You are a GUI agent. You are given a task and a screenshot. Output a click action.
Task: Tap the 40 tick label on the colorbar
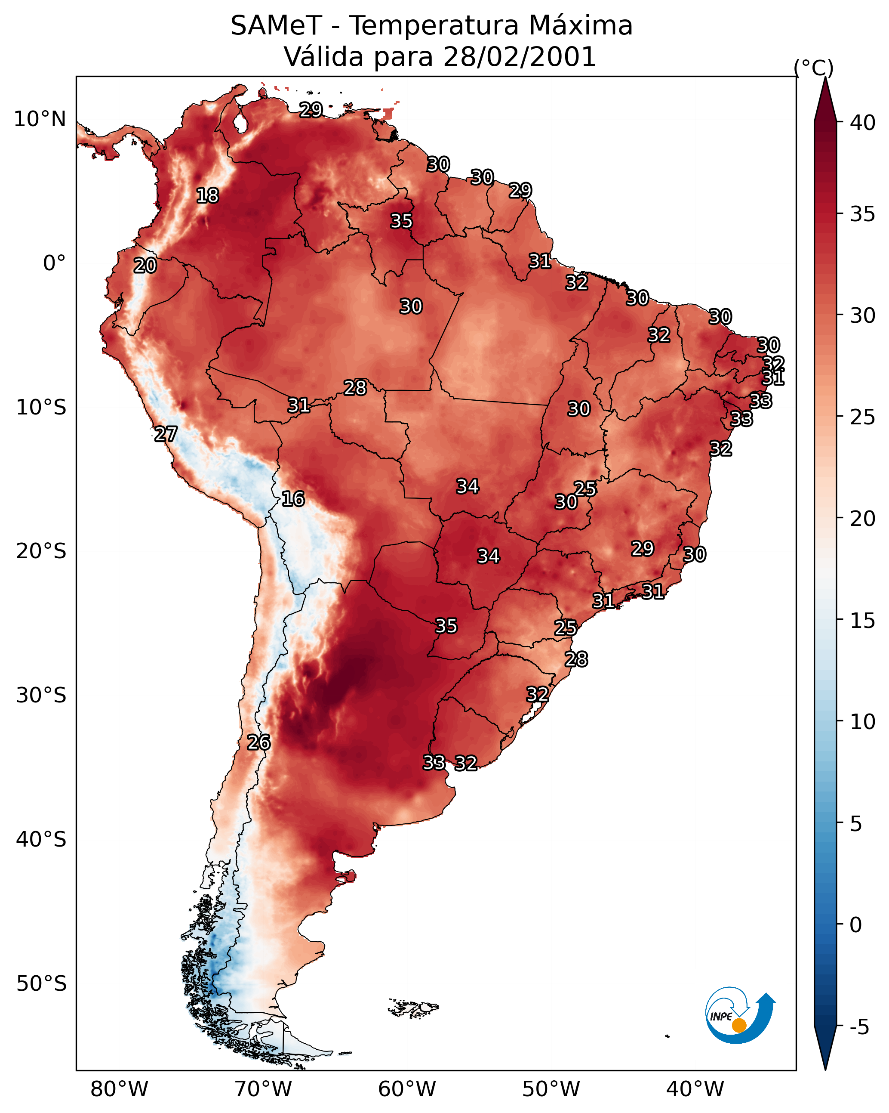coord(863,123)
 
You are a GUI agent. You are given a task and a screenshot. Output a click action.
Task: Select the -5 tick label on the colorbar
coord(860,1027)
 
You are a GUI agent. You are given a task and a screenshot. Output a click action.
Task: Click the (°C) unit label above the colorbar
coord(814,68)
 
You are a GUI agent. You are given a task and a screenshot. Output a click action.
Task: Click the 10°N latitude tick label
coord(40,119)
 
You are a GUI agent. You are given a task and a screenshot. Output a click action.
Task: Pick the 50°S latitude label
coord(41,984)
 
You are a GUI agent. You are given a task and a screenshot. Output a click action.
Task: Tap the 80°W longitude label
coord(119,1089)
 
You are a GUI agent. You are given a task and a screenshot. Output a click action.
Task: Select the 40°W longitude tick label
coord(695,1089)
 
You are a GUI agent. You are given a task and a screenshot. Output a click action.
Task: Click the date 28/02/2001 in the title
coord(520,57)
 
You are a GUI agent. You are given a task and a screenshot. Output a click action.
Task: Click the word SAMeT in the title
coord(276,26)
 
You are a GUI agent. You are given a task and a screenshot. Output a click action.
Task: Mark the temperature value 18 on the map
coord(208,196)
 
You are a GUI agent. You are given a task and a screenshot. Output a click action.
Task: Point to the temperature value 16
coord(293,499)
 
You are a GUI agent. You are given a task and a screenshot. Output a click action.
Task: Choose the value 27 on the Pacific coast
coord(166,434)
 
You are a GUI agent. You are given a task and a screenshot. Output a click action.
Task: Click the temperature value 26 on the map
coord(258,742)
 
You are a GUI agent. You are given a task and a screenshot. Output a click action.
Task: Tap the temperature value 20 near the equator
coord(145,266)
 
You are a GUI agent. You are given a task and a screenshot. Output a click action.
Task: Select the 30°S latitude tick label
coord(41,696)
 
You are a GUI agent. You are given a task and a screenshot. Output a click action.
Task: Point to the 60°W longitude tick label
coord(407,1089)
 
